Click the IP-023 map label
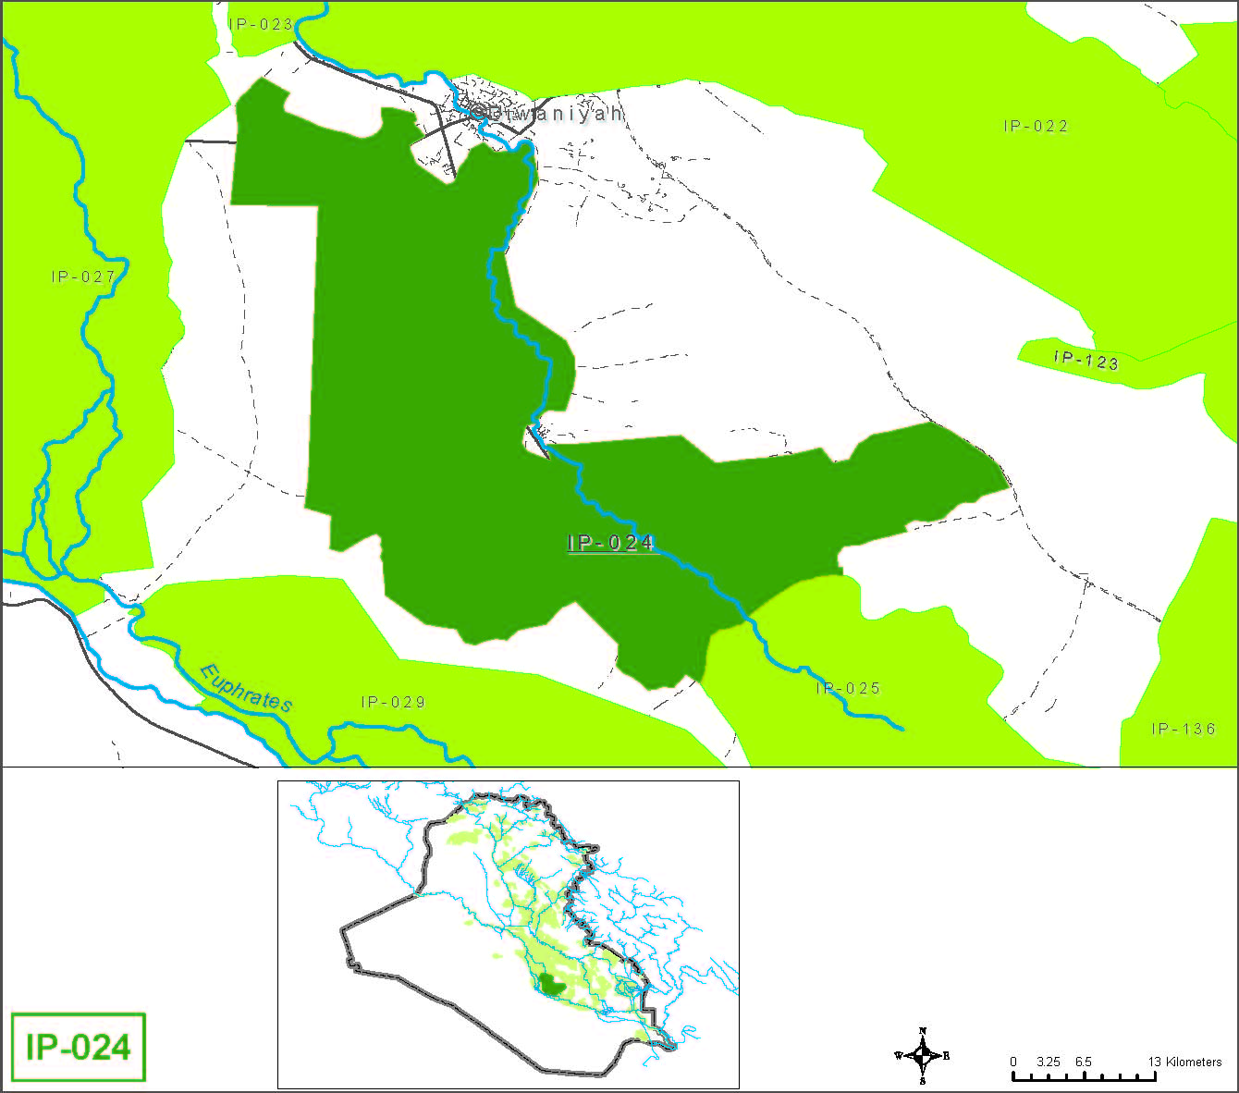tap(261, 25)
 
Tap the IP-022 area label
tap(1036, 127)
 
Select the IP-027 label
tap(83, 276)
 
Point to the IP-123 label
tap(1086, 360)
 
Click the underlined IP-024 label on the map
tap(611, 543)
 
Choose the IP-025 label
tap(848, 689)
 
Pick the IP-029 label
tap(394, 703)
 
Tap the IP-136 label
tap(1184, 730)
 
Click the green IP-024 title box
tap(79, 1047)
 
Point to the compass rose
tap(922, 1055)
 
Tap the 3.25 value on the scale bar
tap(1048, 1062)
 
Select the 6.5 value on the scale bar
tap(1083, 1062)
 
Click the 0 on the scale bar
tap(1013, 1062)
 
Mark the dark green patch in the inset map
tap(552, 985)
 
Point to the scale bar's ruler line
tap(1083, 1076)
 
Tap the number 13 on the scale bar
tap(1154, 1062)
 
